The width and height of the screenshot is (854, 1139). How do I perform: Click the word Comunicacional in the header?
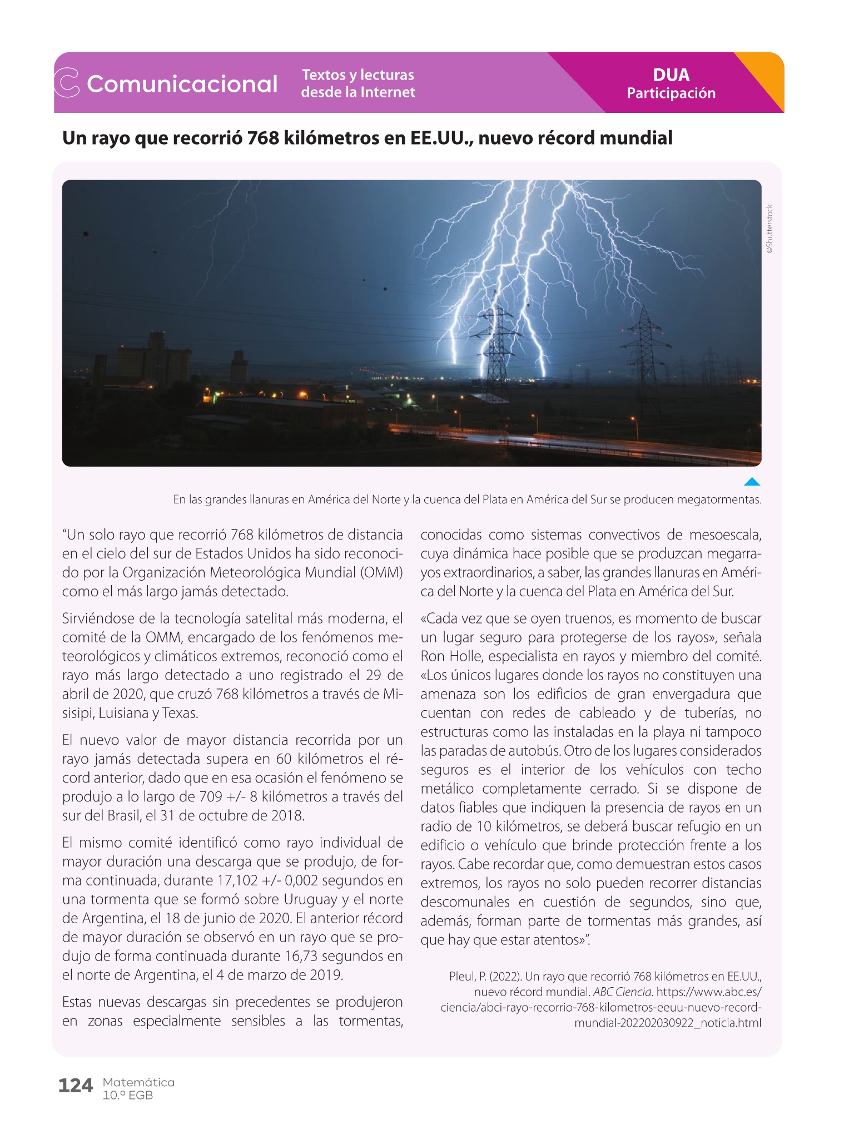182,84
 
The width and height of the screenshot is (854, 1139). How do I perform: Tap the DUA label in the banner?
671,75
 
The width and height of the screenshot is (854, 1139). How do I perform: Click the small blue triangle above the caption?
752,482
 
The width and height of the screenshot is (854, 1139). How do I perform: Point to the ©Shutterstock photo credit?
769,229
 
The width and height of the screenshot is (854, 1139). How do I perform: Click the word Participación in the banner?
671,93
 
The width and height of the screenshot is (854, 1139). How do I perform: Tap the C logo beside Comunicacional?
66,83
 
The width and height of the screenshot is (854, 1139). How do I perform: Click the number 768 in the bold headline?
264,137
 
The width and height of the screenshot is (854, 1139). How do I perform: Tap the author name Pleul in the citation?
461,976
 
